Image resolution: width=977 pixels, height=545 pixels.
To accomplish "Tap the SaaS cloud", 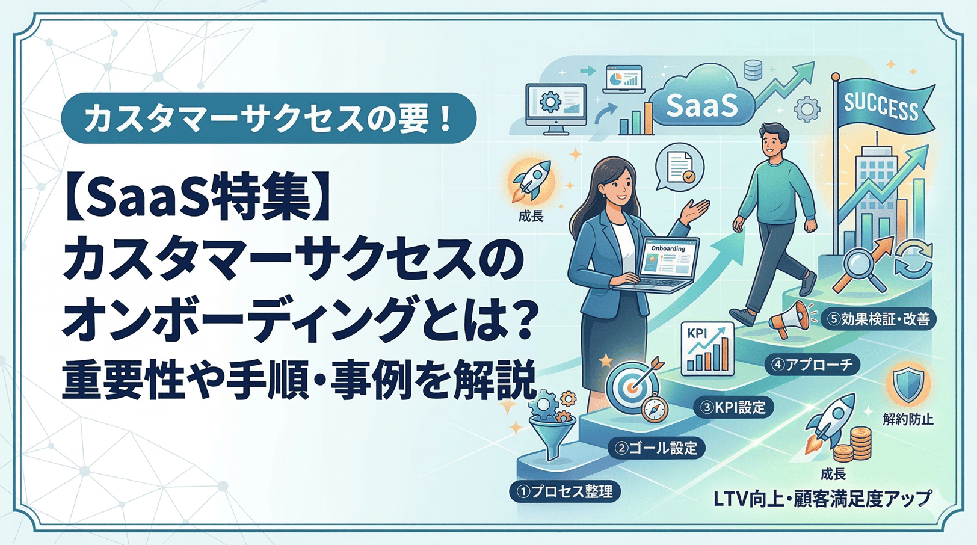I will pyautogui.click(x=701, y=103).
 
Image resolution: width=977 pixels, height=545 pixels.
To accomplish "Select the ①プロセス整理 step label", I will pyautogui.click(x=565, y=491).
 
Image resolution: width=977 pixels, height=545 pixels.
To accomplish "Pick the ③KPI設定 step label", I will pyautogui.click(x=733, y=407).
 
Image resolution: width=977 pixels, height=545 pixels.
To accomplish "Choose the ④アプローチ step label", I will pyautogui.click(x=812, y=365).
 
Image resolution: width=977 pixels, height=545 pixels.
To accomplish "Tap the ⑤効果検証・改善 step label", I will pyautogui.click(x=878, y=319).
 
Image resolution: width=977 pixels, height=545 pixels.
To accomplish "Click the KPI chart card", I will pyautogui.click(x=707, y=349).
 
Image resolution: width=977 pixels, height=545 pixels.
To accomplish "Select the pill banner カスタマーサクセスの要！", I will pyautogui.click(x=268, y=119).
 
